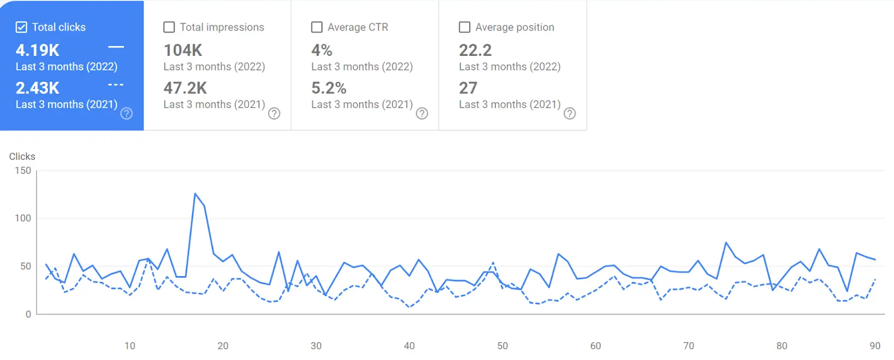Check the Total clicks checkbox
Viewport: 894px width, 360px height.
[x=21, y=27]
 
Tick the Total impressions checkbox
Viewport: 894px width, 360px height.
[x=169, y=27]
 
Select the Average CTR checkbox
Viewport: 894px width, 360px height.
[x=317, y=27]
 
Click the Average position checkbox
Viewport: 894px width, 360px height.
[x=464, y=27]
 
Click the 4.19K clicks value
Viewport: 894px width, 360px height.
[x=37, y=50]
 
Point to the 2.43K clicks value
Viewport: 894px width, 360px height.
[x=37, y=88]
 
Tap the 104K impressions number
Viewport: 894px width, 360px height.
[x=183, y=50]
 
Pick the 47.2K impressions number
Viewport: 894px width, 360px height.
[x=185, y=88]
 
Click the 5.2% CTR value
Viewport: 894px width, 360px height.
[x=329, y=88]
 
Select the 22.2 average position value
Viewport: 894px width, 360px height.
[x=475, y=50]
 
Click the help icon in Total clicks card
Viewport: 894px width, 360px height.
[x=127, y=113]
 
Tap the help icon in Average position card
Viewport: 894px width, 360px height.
[x=569, y=113]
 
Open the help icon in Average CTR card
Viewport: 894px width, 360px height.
[x=422, y=113]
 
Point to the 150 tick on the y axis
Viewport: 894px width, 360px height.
[x=23, y=170]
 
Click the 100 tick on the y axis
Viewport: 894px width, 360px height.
[x=23, y=218]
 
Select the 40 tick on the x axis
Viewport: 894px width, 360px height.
[x=409, y=345]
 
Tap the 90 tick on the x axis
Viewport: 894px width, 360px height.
[x=875, y=345]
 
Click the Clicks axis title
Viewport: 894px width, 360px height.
[x=22, y=157]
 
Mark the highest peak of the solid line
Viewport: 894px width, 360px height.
[x=195, y=193]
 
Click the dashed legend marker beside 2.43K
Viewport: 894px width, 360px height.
[x=116, y=85]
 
